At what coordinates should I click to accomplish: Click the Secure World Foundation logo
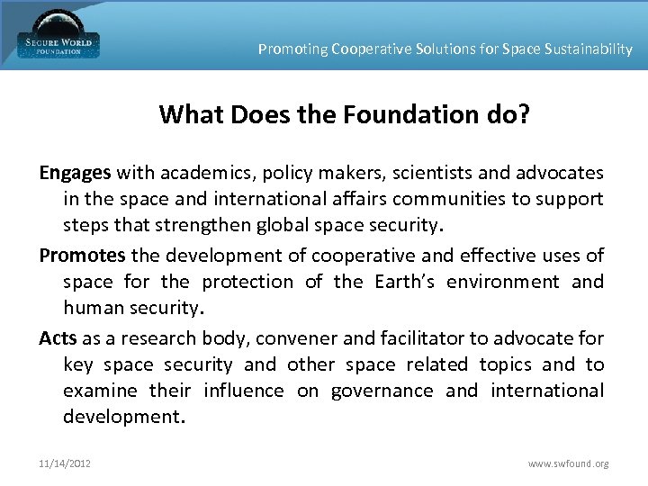[x=58, y=36]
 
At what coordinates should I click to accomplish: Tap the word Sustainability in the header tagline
[x=589, y=49]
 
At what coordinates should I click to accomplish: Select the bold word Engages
[x=75, y=172]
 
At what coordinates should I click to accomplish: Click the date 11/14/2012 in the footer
[x=65, y=463]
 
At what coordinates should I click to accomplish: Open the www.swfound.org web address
[x=568, y=463]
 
